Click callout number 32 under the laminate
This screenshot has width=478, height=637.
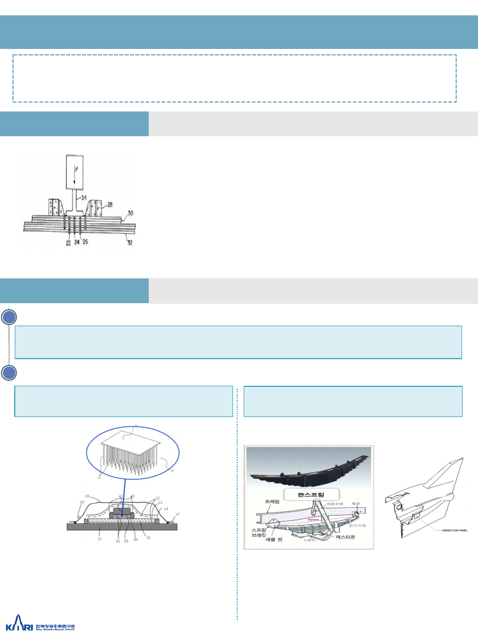(x=129, y=242)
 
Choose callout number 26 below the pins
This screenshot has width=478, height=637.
(x=86, y=242)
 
